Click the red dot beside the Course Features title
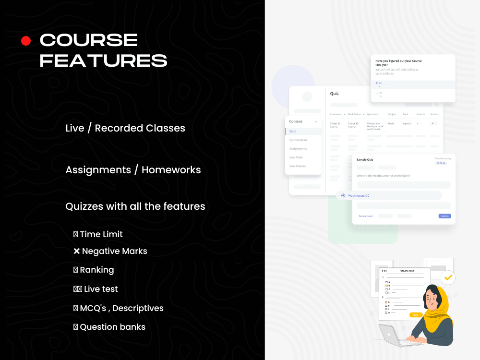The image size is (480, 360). [26, 41]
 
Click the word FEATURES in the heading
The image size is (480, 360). [103, 61]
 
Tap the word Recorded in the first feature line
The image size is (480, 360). [119, 128]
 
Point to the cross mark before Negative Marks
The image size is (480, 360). [76, 251]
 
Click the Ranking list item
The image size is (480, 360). [96, 270]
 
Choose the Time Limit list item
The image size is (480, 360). [101, 234]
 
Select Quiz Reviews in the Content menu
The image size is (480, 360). [298, 140]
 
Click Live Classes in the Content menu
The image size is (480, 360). [297, 166]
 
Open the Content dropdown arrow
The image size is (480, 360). [316, 122]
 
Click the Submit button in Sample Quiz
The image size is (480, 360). [444, 216]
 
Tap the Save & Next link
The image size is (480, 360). [366, 216]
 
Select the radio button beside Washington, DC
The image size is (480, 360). [343, 195]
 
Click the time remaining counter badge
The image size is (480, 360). [441, 163]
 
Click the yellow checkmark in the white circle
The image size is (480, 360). [448, 277]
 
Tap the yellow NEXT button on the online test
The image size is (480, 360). [415, 315]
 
